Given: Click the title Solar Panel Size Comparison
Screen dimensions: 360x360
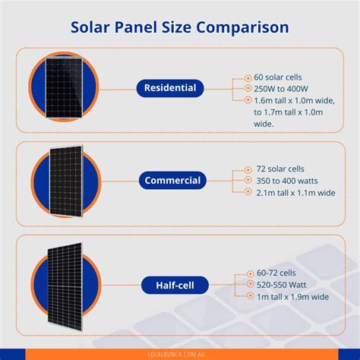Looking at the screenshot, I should (179, 27).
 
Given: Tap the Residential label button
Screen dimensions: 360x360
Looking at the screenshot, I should (170, 88).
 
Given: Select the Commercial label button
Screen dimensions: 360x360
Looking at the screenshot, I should (172, 181).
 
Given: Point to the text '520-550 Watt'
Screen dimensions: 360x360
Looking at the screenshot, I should (281, 284).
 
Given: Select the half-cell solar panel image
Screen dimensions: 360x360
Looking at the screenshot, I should (66, 284).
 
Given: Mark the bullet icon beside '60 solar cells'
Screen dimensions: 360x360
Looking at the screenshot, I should (248, 77).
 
